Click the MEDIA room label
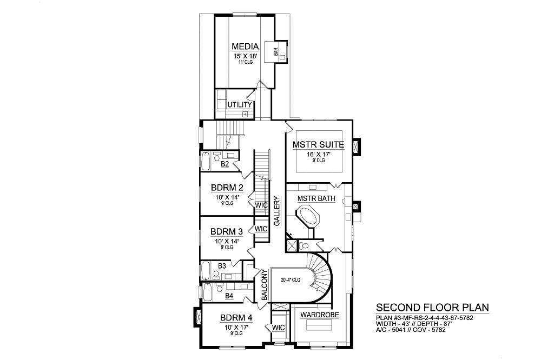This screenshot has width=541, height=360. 245,46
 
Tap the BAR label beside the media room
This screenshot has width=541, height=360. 276,52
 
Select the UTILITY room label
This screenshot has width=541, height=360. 240,104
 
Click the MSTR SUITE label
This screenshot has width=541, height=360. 318,144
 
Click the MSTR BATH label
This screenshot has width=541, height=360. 316,198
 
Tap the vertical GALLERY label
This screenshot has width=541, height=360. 276,211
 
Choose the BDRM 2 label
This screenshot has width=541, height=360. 227,188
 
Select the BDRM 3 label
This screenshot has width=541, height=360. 227,231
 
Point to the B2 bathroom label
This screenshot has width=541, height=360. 225,164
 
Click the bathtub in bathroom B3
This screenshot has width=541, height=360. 205,271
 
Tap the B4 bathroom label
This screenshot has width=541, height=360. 229,296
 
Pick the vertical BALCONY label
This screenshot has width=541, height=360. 265,285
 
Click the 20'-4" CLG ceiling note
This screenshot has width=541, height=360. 290,280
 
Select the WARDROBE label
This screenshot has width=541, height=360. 320,315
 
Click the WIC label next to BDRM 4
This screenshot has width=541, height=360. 279,327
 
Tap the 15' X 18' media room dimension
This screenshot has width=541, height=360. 245,56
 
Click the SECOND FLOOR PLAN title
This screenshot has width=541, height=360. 432,307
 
